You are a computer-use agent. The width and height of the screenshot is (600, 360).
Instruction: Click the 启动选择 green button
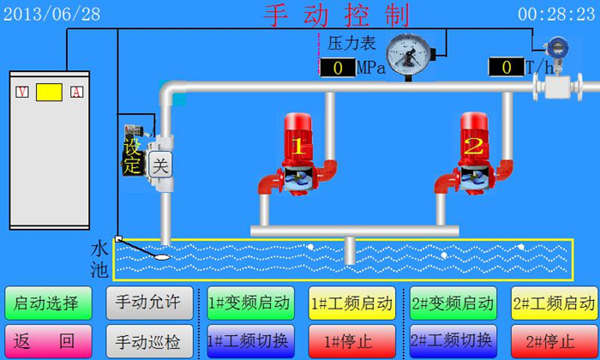[x=48, y=303]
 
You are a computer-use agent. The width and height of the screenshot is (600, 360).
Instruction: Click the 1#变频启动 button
[x=249, y=303]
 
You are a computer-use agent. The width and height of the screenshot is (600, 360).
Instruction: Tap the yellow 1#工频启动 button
[x=351, y=303]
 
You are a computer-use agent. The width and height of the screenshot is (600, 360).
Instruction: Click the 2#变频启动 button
[x=453, y=303]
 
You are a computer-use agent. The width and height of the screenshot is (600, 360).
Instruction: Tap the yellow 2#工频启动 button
[x=554, y=303]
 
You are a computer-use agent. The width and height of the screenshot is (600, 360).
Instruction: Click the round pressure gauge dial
[x=407, y=55]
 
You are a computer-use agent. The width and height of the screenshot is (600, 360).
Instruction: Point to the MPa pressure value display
[x=338, y=68]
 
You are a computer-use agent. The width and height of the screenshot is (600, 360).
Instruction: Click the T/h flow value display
[x=506, y=67]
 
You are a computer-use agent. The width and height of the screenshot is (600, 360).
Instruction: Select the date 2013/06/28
[x=52, y=14]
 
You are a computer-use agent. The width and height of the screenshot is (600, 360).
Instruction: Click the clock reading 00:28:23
[x=555, y=14]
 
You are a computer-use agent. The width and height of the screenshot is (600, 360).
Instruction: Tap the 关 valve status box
[x=159, y=166]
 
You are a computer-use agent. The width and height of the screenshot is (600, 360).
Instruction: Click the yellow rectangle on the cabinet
[x=50, y=92]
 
